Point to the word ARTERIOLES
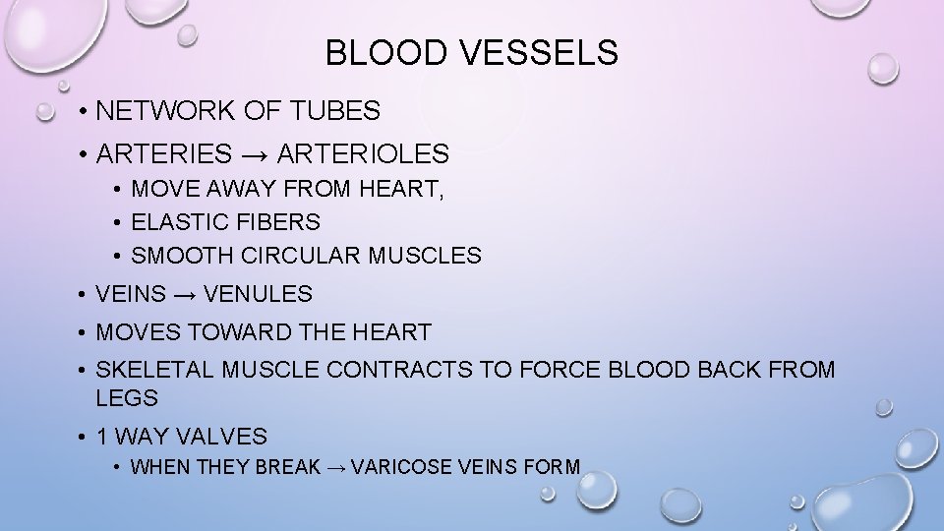point(364,154)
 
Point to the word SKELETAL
point(157,371)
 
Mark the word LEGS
point(128,399)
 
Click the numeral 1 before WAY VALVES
point(103,436)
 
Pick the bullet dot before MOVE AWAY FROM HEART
point(116,189)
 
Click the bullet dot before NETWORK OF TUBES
point(87,112)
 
